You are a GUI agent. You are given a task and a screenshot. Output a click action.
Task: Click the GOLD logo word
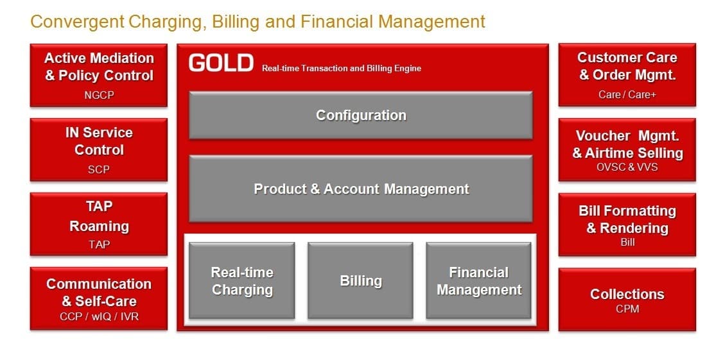point(221,62)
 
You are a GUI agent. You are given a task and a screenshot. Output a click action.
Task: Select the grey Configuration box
point(361,115)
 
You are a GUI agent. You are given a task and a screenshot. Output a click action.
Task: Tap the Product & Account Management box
point(361,189)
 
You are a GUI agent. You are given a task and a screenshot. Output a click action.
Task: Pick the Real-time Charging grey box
point(242,280)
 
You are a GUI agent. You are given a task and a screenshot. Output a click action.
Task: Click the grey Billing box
point(360,280)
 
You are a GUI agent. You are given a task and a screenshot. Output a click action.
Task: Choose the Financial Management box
point(478,280)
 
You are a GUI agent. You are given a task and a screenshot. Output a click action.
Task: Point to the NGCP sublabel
point(99,95)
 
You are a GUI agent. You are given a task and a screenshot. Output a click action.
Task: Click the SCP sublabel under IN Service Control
point(99,169)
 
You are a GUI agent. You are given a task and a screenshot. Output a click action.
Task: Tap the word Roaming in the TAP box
point(99,227)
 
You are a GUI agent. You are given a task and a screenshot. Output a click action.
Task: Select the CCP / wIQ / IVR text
point(99,316)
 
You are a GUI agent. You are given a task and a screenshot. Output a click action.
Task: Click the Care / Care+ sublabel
point(627,94)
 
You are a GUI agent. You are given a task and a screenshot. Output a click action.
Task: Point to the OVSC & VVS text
point(627,167)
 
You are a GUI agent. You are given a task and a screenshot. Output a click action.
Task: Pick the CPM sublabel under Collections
point(627,309)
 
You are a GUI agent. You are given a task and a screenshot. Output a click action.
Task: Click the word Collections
point(627,295)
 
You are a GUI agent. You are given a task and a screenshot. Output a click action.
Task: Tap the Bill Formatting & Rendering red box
point(627,225)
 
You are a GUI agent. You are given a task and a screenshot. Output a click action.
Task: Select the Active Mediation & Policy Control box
point(99,75)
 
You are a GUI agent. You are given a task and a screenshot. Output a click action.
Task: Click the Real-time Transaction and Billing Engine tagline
point(342,69)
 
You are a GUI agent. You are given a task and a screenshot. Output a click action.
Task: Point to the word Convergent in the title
point(76,21)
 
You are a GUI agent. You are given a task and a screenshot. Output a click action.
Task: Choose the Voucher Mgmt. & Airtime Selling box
point(627,150)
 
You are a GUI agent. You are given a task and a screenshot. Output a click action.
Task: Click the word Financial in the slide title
point(337,21)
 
